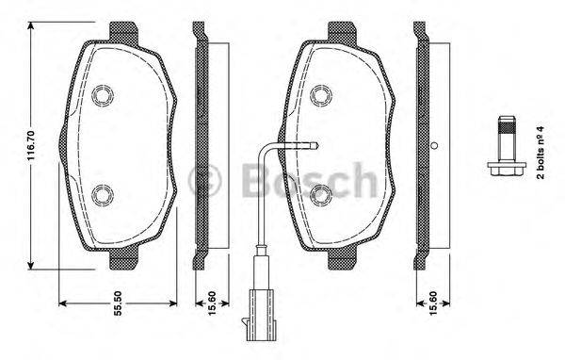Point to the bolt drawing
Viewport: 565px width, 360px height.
coord(506,151)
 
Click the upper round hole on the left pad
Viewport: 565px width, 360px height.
coord(103,94)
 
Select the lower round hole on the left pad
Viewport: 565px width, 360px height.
coord(103,196)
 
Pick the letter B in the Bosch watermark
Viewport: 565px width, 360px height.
coord(247,177)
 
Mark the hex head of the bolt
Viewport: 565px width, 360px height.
coord(506,170)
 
